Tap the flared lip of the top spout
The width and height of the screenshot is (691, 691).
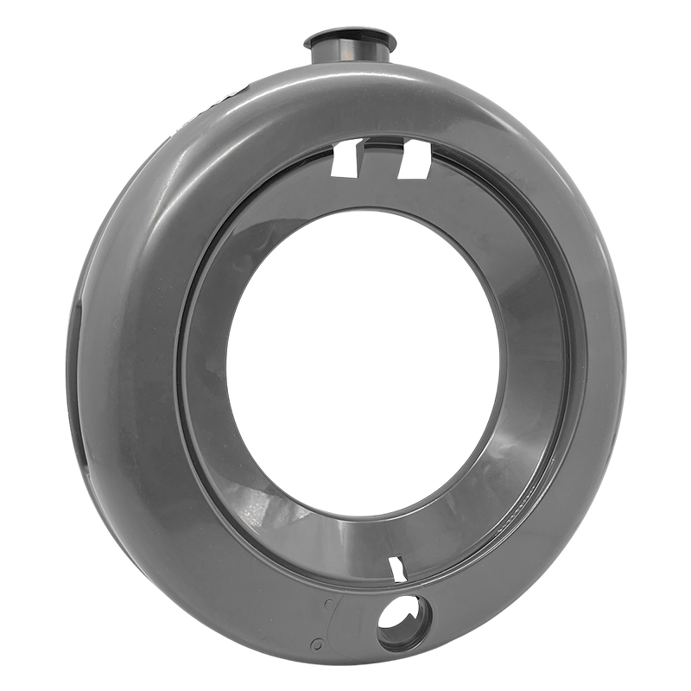tap(350, 39)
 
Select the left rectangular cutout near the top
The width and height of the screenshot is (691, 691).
tap(347, 159)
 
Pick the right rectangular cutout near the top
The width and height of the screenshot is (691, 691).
tap(415, 161)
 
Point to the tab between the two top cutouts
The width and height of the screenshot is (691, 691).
tap(380, 155)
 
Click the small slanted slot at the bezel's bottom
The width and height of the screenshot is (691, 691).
tap(397, 569)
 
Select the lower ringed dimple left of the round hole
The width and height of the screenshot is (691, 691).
tap(318, 643)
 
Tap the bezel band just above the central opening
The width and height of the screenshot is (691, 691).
tap(363, 194)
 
